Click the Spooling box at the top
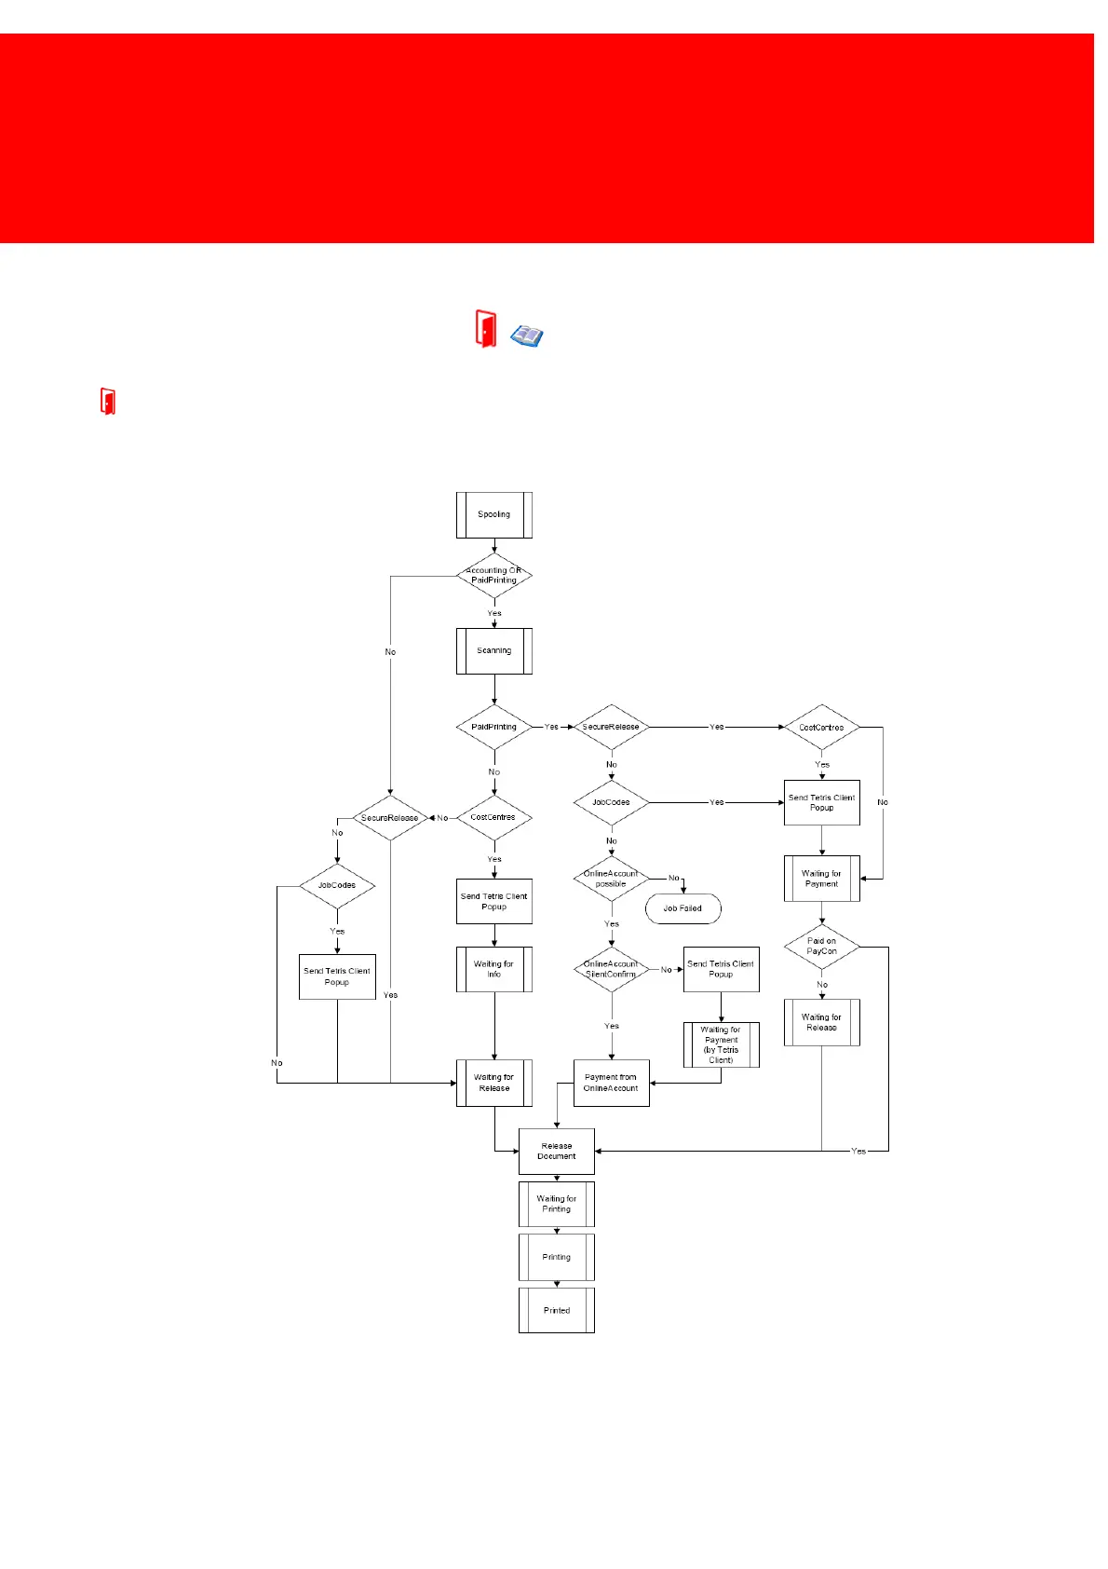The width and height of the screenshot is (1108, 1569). [x=493, y=514]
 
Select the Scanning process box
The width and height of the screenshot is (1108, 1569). [x=493, y=650]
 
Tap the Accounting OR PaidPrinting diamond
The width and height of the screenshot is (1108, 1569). [x=493, y=576]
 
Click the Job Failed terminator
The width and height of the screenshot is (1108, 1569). [x=682, y=908]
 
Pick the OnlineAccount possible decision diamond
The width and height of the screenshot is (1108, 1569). [x=611, y=879]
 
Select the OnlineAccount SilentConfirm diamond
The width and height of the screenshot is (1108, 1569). [x=611, y=969]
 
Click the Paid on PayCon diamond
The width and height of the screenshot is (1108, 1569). [x=821, y=947]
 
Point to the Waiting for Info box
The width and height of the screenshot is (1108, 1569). [x=493, y=969]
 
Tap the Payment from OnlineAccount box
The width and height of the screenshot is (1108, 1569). [x=611, y=1083]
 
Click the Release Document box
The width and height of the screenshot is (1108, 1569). [x=556, y=1151]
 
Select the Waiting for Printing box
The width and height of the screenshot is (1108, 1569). [x=556, y=1204]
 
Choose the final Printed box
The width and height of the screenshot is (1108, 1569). [x=556, y=1310]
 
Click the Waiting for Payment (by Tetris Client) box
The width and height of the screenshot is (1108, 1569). [x=721, y=1044]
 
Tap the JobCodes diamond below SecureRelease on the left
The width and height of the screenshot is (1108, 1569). [x=337, y=885]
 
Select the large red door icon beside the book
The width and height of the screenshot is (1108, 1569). [x=485, y=329]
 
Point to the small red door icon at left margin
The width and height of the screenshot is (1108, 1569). [x=108, y=402]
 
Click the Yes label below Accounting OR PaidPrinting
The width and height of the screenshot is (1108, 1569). [x=494, y=613]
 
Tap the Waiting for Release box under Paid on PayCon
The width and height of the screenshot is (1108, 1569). [x=821, y=1022]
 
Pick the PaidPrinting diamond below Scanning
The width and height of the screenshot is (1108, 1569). [x=493, y=727]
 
